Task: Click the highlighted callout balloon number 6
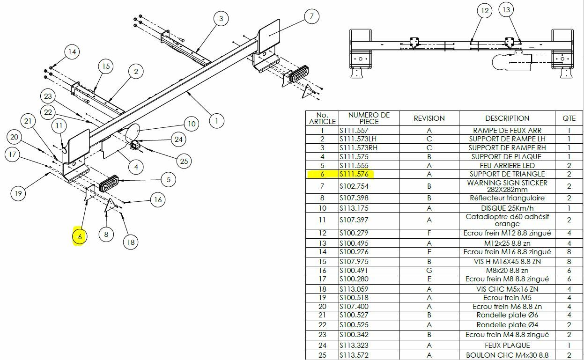(80, 237)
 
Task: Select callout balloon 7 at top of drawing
(311, 16)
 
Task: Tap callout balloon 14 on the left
(72, 52)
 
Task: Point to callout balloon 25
(184, 161)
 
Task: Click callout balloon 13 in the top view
(506, 9)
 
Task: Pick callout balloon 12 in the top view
(484, 10)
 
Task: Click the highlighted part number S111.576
(355, 174)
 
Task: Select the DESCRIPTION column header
(507, 118)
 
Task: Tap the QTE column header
(569, 118)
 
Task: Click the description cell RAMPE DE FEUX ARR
(507, 131)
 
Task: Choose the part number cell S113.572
(355, 355)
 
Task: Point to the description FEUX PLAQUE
(507, 345)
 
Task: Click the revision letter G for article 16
(429, 270)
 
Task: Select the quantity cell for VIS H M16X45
(569, 261)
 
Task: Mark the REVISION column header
(429, 118)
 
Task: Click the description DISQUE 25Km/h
(507, 208)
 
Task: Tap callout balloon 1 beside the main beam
(216, 121)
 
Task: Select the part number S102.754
(355, 186)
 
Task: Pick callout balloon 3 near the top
(221, 19)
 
